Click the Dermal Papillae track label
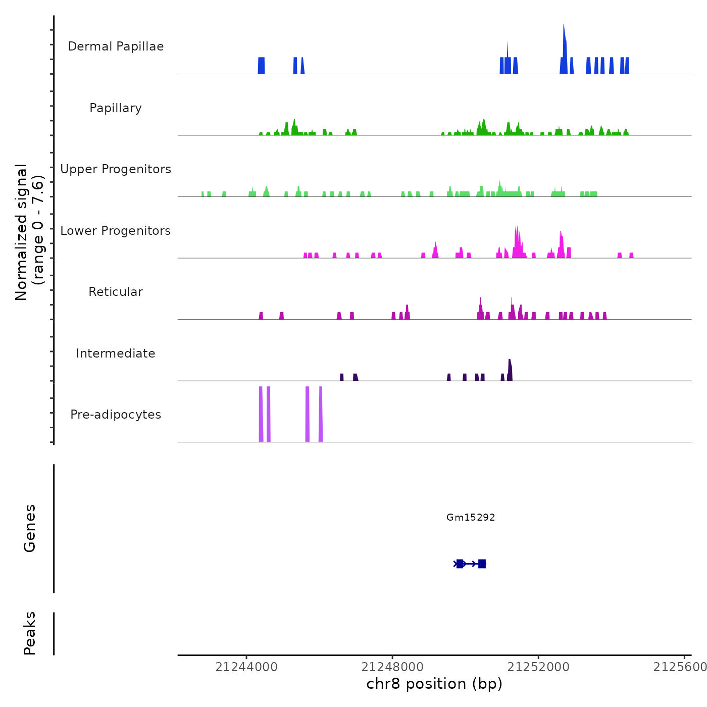click(x=116, y=46)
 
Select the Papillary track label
click(x=116, y=108)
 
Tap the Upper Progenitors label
click(x=116, y=169)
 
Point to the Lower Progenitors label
click(x=116, y=231)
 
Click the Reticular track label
click(x=116, y=292)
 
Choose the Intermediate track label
click(x=116, y=353)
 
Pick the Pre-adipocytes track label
click(x=116, y=415)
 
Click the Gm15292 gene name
click(x=471, y=517)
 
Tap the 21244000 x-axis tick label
click(x=246, y=667)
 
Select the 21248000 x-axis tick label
click(x=392, y=667)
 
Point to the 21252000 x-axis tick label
click(x=538, y=667)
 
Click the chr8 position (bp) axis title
click(x=434, y=684)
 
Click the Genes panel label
click(x=30, y=528)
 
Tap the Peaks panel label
click(x=30, y=633)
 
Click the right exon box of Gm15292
click(x=482, y=564)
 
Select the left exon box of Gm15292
click(x=460, y=564)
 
